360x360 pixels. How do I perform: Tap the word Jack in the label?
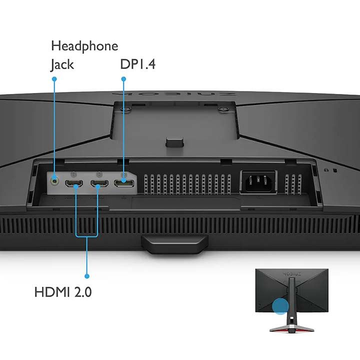point(62,64)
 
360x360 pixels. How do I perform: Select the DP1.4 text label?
point(138,64)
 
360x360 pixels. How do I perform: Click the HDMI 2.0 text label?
point(63,292)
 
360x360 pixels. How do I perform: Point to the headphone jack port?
point(54,181)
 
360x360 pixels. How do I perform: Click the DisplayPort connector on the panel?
point(124,183)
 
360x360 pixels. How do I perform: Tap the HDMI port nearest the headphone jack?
point(74,183)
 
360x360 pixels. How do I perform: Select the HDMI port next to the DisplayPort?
point(99,183)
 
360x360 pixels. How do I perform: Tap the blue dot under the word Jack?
point(54,79)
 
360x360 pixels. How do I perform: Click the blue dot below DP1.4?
point(123,79)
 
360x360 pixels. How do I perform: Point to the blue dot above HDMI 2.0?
point(87,276)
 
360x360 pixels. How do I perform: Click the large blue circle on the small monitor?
point(280,306)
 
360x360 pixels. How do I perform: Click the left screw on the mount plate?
point(126,109)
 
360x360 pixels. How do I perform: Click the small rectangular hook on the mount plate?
point(174,142)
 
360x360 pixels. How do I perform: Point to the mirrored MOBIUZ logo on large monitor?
point(174,94)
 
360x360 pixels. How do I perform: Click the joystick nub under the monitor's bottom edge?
point(174,244)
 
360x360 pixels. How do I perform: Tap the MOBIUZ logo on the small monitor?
point(291,274)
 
